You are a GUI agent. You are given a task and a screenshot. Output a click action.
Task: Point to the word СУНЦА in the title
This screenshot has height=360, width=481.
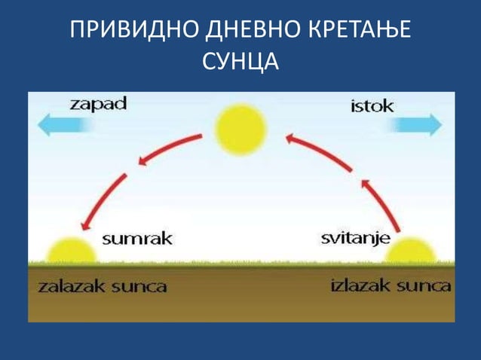(x=240, y=62)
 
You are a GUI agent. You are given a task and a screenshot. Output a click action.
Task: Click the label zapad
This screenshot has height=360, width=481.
(x=98, y=104)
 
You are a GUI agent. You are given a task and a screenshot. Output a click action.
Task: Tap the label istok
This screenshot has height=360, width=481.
(x=372, y=106)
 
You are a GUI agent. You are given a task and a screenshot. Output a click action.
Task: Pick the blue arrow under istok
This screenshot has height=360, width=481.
(x=415, y=124)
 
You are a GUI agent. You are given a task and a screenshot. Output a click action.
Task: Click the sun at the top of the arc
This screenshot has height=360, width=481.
(x=240, y=129)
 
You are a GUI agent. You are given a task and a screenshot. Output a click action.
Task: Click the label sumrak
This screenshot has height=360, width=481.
(x=137, y=239)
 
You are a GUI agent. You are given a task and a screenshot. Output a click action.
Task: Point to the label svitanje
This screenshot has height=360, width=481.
(x=355, y=239)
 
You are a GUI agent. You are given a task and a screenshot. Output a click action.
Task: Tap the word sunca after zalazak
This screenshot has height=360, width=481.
(x=139, y=286)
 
